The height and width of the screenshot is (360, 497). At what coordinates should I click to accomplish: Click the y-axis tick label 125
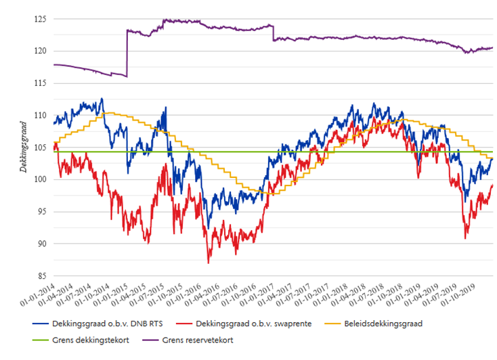tap(41, 19)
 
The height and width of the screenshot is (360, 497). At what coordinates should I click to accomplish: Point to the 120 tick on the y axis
tap(41, 51)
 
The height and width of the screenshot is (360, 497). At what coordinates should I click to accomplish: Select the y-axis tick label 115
tap(41, 83)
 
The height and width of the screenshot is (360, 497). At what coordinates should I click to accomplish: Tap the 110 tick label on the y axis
tap(41, 115)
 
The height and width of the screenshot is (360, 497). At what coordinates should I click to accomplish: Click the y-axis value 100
tap(41, 179)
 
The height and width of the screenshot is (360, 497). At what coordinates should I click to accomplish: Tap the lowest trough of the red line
tap(209, 263)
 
